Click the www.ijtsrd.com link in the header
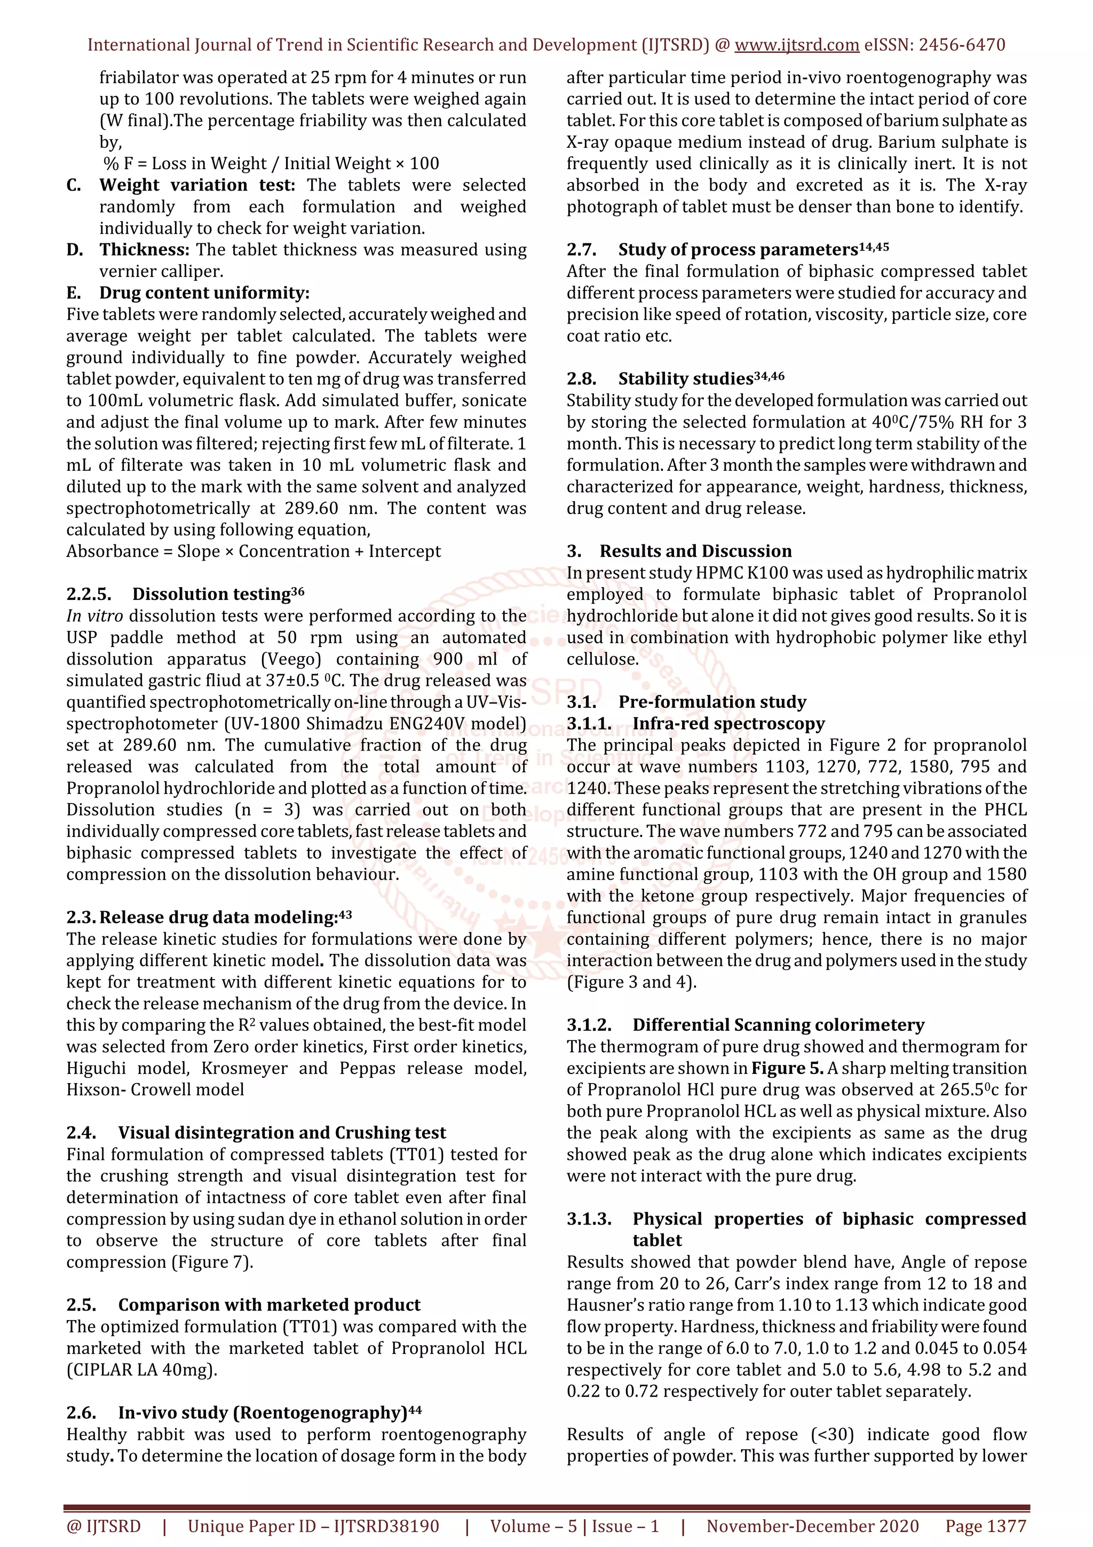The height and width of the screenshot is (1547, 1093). coord(796,45)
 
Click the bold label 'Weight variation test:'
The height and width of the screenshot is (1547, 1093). coord(197,185)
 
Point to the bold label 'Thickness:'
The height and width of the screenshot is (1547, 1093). coord(145,250)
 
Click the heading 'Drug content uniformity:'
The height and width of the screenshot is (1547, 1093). coord(204,293)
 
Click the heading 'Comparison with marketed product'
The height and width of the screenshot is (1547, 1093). coord(268,1305)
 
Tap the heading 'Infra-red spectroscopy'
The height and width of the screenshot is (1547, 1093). coord(728,724)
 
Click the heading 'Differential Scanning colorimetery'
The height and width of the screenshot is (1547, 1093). coord(778,1025)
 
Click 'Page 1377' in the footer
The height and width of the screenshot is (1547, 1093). coord(985,1526)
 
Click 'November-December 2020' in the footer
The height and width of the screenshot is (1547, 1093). coord(812,1526)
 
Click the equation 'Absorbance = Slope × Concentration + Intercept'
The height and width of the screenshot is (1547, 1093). coord(253,551)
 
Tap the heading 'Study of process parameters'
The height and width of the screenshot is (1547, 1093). coord(738,250)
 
